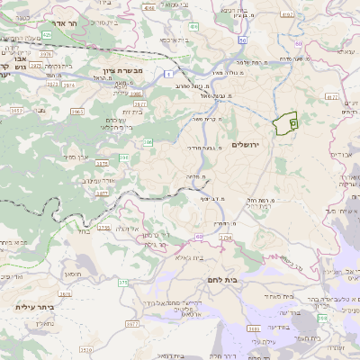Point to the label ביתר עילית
click(x=35, y=307)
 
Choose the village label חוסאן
click(x=70, y=271)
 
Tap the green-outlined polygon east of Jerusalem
click(x=286, y=122)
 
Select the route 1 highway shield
click(x=168, y=72)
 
